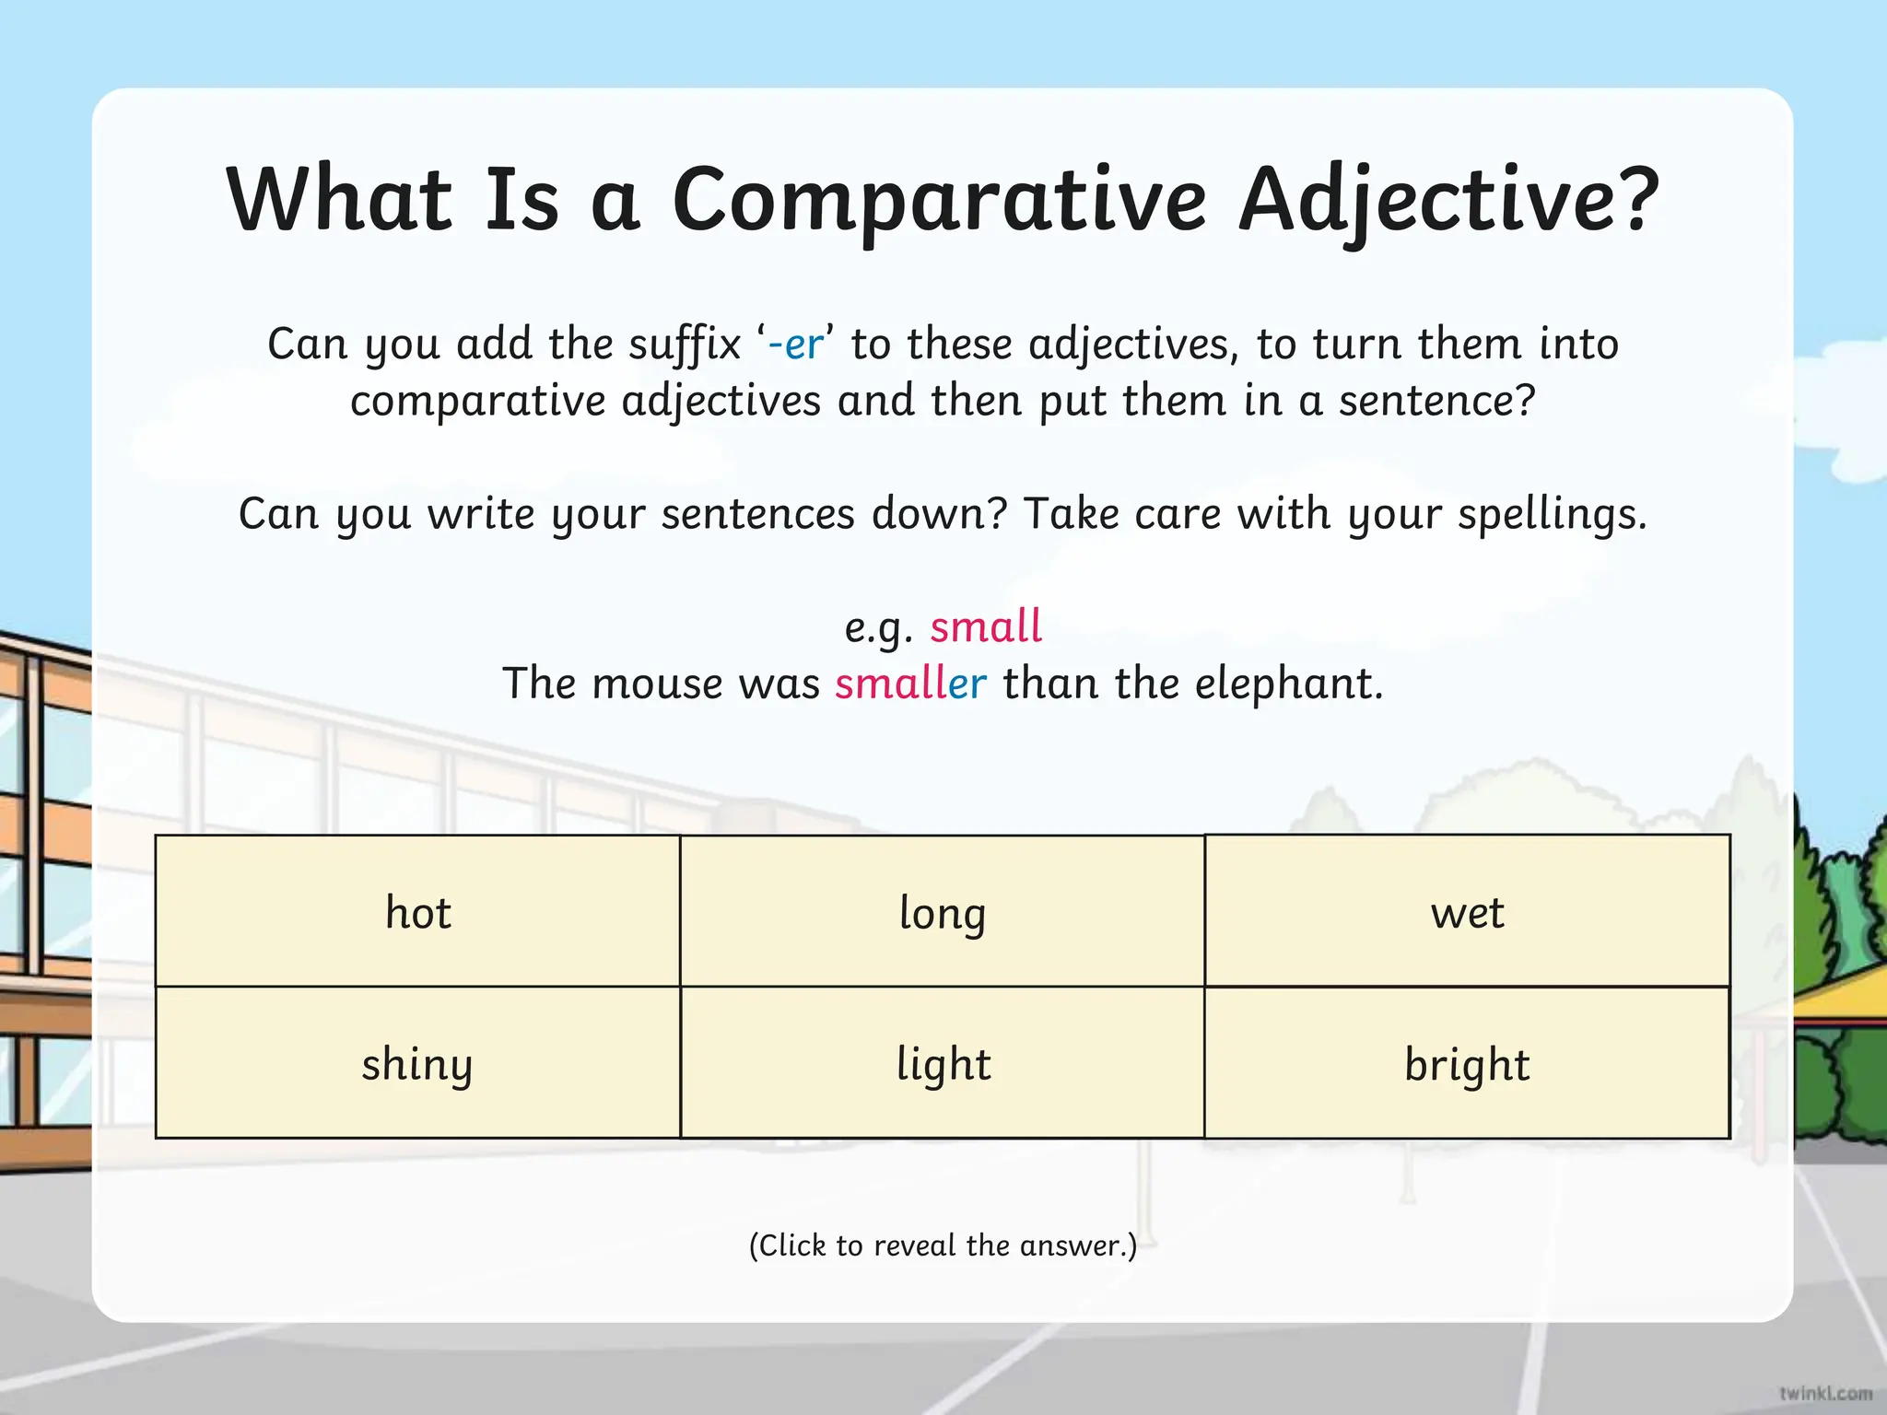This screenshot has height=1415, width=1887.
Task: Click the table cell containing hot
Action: [417, 911]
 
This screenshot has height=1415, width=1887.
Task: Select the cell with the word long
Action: [942, 911]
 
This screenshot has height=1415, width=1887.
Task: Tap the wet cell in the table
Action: [1467, 911]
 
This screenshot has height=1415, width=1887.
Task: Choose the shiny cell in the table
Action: [417, 1063]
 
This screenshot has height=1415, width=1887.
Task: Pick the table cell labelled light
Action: [942, 1063]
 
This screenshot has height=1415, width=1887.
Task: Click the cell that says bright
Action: [1467, 1063]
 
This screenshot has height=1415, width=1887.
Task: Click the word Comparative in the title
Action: [939, 200]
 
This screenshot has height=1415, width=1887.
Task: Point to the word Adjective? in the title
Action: [1448, 200]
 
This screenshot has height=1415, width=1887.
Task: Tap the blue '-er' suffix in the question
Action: [795, 344]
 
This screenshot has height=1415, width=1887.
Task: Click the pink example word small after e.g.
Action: [985, 626]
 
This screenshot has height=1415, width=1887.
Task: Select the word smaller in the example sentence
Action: [910, 684]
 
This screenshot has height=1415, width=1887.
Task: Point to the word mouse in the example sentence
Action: [657, 684]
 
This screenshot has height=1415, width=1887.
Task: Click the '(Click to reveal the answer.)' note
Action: [943, 1245]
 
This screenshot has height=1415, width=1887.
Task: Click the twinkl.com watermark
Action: [1825, 1393]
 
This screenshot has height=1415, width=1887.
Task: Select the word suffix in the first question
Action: [685, 344]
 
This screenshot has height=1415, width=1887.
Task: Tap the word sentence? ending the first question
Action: [1437, 401]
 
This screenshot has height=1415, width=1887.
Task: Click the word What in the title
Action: [339, 200]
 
